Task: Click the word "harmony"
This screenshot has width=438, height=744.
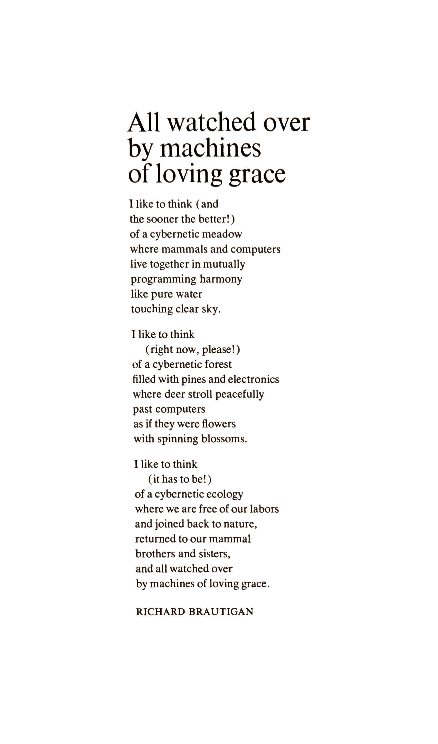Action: (221, 279)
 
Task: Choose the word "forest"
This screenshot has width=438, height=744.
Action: (218, 364)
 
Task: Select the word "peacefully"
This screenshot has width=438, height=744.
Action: (239, 395)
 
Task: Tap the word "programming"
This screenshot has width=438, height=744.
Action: (163, 279)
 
